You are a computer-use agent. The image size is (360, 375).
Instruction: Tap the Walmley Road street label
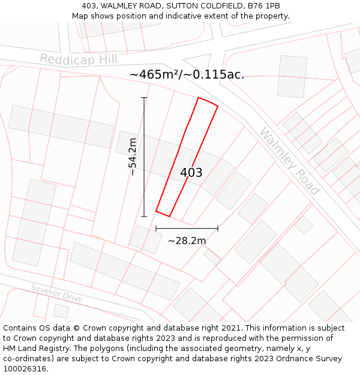click(x=289, y=161)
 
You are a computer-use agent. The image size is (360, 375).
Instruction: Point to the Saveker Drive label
click(x=56, y=293)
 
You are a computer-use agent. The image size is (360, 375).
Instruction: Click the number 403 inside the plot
click(x=191, y=173)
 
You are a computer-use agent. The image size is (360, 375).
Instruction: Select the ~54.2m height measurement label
click(x=133, y=157)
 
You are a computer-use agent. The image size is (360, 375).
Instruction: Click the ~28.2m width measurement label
click(x=187, y=241)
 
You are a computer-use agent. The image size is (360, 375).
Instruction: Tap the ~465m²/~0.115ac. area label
click(x=187, y=75)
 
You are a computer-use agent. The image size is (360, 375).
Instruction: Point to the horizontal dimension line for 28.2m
click(x=187, y=228)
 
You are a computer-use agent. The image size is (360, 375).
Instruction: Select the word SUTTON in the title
click(x=183, y=6)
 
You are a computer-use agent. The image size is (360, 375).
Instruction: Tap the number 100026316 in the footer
click(x=25, y=369)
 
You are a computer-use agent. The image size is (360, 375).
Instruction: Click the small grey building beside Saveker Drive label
click(x=61, y=311)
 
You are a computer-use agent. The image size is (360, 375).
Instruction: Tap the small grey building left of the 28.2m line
click(x=146, y=239)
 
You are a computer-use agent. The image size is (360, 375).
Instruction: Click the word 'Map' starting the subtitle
click(x=80, y=16)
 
